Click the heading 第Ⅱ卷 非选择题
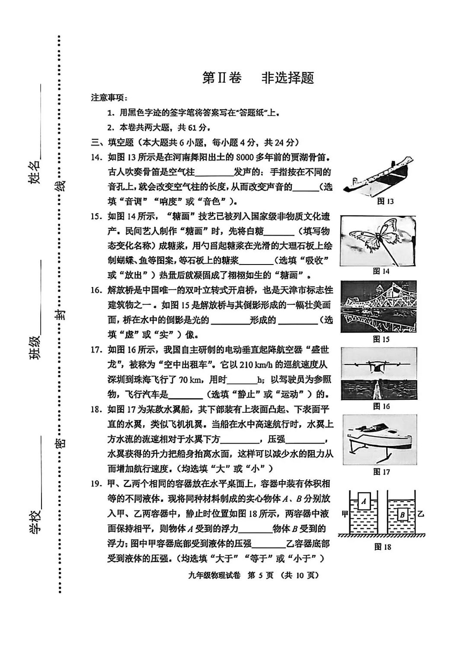pos(258,78)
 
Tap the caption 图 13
pos(385,201)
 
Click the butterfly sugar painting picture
pos(378,241)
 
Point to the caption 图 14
pos(381,271)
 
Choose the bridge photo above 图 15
pos(378,306)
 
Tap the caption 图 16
pos(381,406)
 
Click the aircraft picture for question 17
pos(378,373)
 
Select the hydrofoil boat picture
pos(380,440)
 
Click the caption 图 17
pos(381,472)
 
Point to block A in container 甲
pos(364,501)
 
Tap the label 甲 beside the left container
pos(345,514)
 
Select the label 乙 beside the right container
pos(421,514)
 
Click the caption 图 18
pos(382,547)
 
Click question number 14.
pos(96,157)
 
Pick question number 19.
pos(96,484)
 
